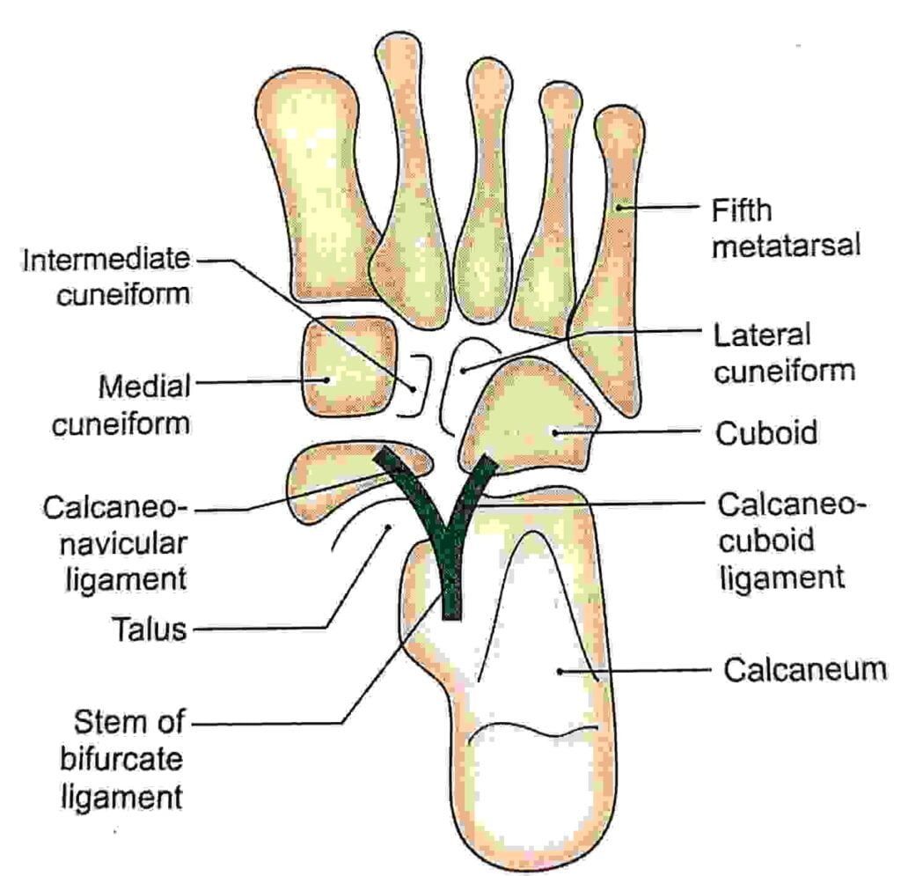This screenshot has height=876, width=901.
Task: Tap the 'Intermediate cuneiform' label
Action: click(x=106, y=276)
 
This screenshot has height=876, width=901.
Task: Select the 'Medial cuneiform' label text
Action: click(x=121, y=404)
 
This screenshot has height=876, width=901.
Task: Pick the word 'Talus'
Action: click(x=149, y=629)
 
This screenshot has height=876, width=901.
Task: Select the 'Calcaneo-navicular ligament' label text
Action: click(x=115, y=542)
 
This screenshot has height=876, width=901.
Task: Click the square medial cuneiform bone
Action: click(x=346, y=367)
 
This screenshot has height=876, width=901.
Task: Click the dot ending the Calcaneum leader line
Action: click(x=560, y=671)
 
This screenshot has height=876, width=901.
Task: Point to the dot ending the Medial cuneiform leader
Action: click(x=326, y=380)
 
